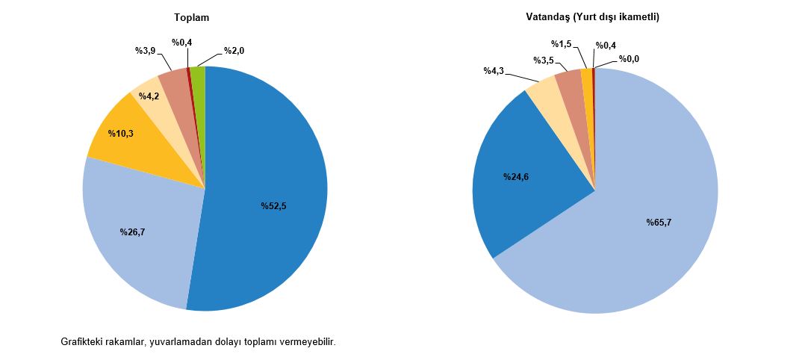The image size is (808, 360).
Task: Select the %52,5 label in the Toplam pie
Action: click(x=273, y=206)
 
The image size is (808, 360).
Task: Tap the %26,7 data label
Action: click(x=132, y=232)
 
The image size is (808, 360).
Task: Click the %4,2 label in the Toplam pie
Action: click(x=149, y=96)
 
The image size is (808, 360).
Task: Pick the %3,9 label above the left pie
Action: click(x=145, y=51)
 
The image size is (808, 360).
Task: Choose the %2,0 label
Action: click(x=234, y=52)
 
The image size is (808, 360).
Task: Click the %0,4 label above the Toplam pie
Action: click(x=181, y=43)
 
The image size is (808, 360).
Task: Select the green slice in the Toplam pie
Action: click(x=198, y=75)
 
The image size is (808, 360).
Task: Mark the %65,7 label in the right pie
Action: click(x=659, y=222)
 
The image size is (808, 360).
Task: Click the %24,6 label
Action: click(x=518, y=177)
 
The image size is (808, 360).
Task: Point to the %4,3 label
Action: click(x=494, y=71)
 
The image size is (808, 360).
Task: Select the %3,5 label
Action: click(x=544, y=60)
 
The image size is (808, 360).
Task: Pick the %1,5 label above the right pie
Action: click(x=561, y=44)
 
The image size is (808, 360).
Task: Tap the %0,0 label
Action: click(x=629, y=59)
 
